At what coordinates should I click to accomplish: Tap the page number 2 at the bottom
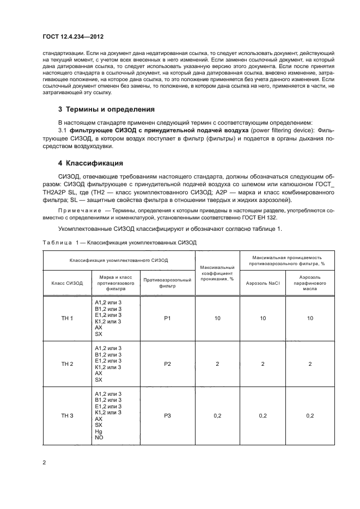click(44, 462)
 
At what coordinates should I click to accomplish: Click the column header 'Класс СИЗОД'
click(67, 283)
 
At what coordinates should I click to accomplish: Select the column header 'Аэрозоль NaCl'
click(263, 283)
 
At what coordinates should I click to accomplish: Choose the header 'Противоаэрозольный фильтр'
click(167, 283)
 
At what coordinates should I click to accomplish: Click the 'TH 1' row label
click(67, 318)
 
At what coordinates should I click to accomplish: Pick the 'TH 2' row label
click(67, 363)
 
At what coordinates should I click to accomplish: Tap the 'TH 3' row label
click(67, 415)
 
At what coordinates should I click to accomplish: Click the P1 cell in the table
click(167, 318)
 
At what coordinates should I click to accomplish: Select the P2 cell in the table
click(167, 363)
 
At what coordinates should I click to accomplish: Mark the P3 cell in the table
click(167, 415)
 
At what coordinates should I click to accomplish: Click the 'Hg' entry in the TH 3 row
click(98, 431)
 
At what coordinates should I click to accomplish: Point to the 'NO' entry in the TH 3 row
click(99, 437)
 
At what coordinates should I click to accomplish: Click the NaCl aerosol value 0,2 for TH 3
click(263, 415)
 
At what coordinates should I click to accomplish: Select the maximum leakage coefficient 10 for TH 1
click(217, 318)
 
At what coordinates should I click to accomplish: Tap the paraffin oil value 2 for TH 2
click(310, 363)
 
